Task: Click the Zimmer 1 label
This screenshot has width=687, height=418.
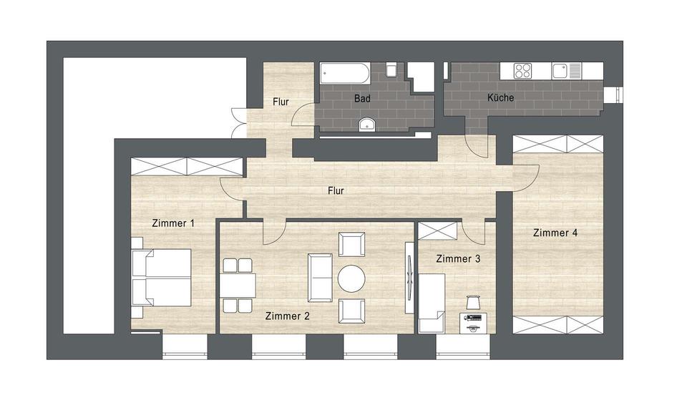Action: (x=173, y=223)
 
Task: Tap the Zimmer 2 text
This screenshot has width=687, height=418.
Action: (x=287, y=316)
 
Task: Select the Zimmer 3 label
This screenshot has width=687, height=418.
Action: (x=457, y=259)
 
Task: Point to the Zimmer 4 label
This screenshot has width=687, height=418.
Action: (x=555, y=233)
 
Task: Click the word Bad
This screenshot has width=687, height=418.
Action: (x=362, y=99)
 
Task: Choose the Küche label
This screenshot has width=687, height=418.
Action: (x=500, y=98)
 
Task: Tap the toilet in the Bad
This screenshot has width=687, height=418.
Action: (x=391, y=70)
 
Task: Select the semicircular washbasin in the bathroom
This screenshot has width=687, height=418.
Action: (x=368, y=125)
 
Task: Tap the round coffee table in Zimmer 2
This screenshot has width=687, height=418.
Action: (x=351, y=278)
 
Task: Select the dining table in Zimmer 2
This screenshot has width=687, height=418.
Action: (x=238, y=285)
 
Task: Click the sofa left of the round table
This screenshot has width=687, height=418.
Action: (x=319, y=278)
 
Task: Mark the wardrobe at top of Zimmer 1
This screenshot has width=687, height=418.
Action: (x=186, y=167)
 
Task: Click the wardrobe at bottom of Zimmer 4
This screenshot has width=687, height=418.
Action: (x=557, y=324)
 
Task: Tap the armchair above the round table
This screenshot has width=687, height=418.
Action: (x=351, y=245)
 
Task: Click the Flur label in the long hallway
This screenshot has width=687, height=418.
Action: (x=336, y=190)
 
